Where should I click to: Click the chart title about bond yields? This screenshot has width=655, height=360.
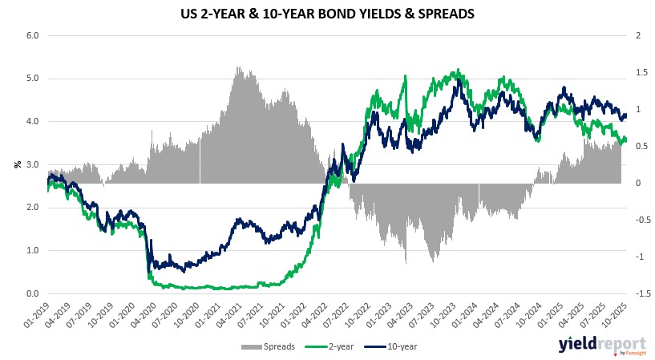[x=327, y=14]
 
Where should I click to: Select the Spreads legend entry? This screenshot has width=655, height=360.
[x=269, y=346]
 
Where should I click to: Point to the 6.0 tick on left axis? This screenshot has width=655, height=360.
[x=33, y=36]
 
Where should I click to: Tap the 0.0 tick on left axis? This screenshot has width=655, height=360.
[x=33, y=293]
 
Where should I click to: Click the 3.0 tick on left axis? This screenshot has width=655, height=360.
[x=33, y=164]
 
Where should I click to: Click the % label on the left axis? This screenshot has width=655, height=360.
[x=17, y=164]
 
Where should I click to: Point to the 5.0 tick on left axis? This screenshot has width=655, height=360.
[x=33, y=79]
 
